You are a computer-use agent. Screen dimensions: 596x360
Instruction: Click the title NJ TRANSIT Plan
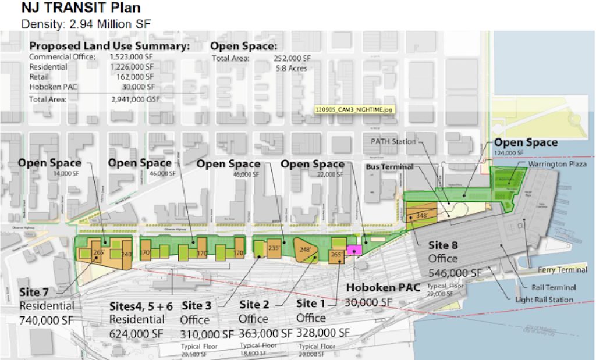point(80,9)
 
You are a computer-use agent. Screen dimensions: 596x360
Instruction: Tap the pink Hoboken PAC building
point(354,249)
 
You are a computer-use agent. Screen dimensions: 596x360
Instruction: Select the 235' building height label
point(274,246)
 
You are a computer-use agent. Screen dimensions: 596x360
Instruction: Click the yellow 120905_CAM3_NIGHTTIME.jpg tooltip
point(352,108)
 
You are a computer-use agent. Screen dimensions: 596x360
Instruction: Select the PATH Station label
point(393,141)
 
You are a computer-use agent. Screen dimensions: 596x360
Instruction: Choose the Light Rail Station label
point(544,300)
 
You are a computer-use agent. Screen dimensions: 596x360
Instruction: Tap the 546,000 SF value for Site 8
point(456,272)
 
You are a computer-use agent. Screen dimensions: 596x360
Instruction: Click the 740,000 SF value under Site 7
point(47,320)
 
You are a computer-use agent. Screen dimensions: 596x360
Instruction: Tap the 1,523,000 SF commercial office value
point(132,58)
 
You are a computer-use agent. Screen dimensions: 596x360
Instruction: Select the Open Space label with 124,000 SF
point(526,142)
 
